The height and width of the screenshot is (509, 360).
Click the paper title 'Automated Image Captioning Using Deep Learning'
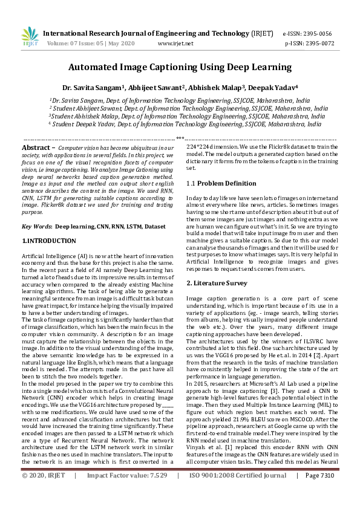(180, 67)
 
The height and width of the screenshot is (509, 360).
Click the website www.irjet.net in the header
(175, 44)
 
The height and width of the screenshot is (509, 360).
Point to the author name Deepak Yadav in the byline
(275, 87)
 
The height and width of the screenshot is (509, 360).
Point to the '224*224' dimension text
(197, 147)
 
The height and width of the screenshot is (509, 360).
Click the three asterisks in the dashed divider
(180, 139)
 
